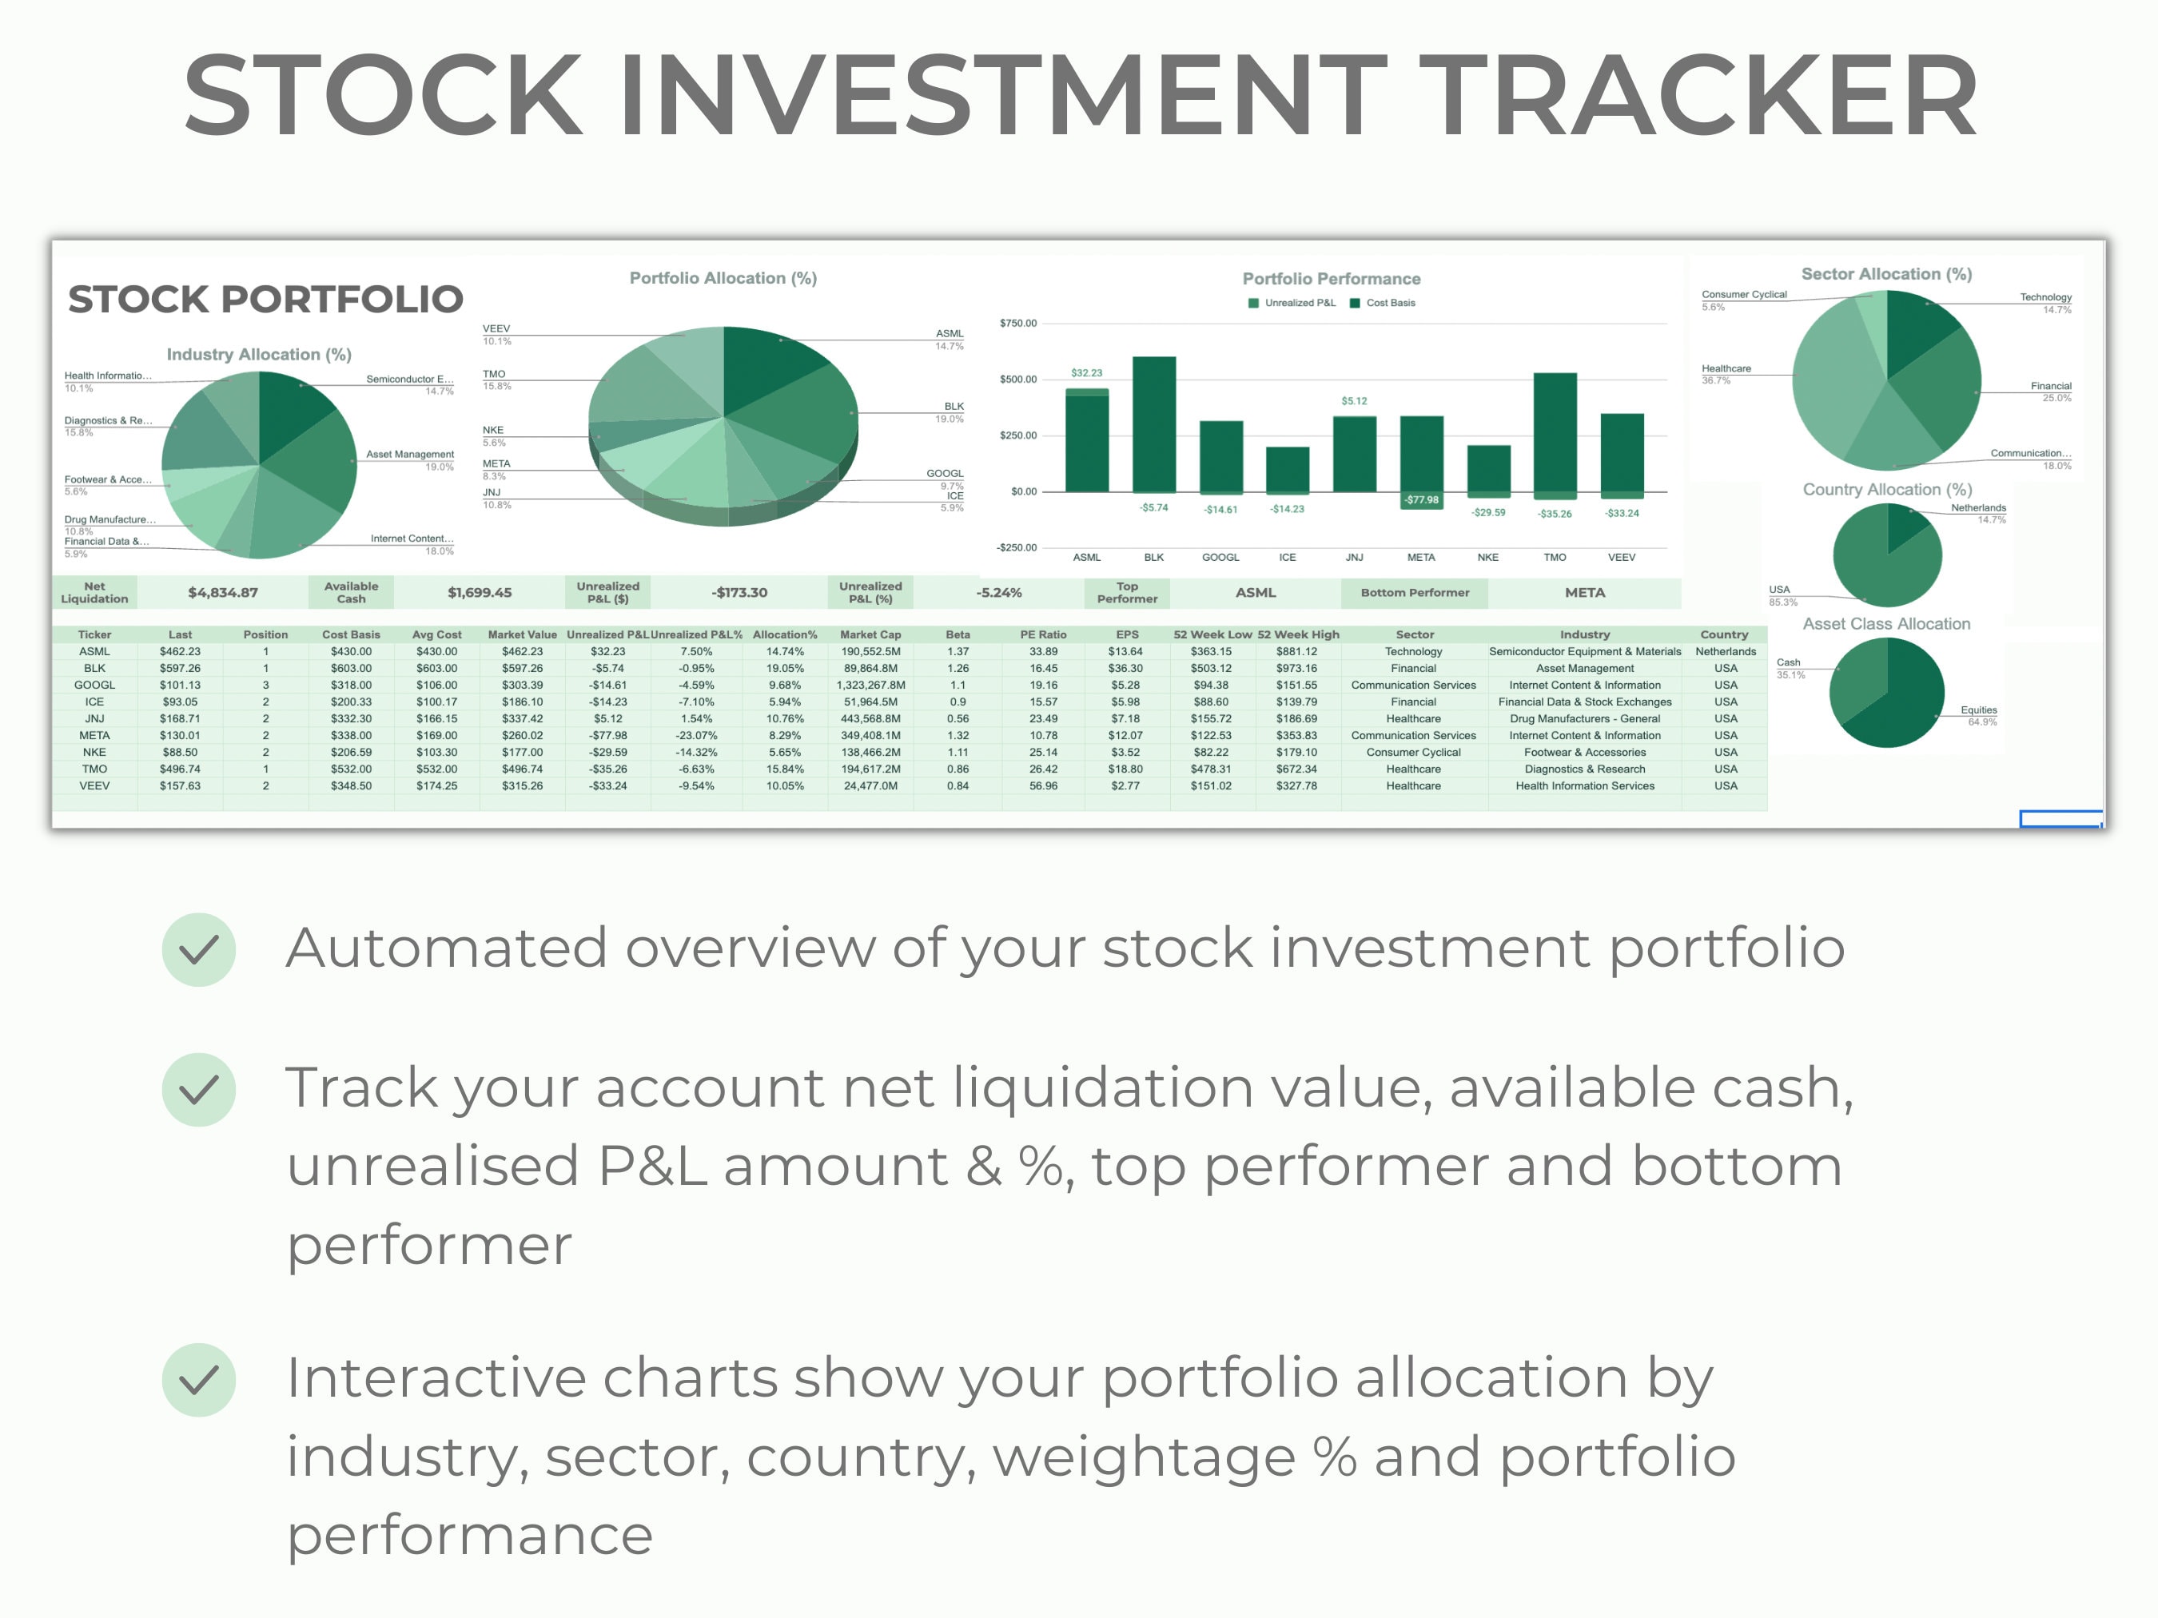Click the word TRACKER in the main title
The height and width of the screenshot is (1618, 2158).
pyautogui.click(x=1698, y=96)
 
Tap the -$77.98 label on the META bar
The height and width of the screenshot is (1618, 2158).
pyautogui.click(x=1421, y=499)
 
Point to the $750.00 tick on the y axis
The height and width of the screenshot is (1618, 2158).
pyautogui.click(x=1017, y=323)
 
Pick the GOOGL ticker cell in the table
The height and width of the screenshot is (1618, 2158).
pyautogui.click(x=94, y=685)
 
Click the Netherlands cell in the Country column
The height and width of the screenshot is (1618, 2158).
pyautogui.click(x=1725, y=651)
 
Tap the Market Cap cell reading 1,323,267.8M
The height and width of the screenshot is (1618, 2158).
pyautogui.click(x=870, y=685)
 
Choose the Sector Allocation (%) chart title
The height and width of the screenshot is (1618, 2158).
pyautogui.click(x=1885, y=274)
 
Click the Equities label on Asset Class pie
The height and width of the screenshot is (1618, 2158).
pyautogui.click(x=1978, y=710)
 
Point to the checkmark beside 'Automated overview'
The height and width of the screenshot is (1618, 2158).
pyautogui.click(x=199, y=949)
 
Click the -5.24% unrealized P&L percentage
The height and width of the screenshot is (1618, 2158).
pyautogui.click(x=999, y=592)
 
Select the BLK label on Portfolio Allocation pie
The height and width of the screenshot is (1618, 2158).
pyautogui.click(x=954, y=406)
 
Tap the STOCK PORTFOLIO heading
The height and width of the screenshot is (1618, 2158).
pyautogui.click(x=265, y=299)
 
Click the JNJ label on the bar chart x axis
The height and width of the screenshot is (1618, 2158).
pyautogui.click(x=1354, y=557)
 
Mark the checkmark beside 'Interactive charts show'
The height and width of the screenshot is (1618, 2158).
pyautogui.click(x=199, y=1379)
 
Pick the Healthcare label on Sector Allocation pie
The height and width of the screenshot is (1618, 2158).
pyautogui.click(x=1726, y=368)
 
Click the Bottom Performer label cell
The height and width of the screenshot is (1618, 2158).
pyautogui.click(x=1414, y=592)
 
